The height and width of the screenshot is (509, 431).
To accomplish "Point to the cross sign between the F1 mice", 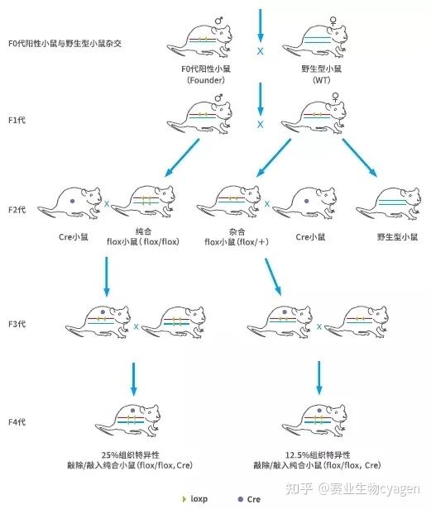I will click(x=260, y=125).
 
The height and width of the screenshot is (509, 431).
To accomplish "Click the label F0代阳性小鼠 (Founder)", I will click(x=198, y=74).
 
